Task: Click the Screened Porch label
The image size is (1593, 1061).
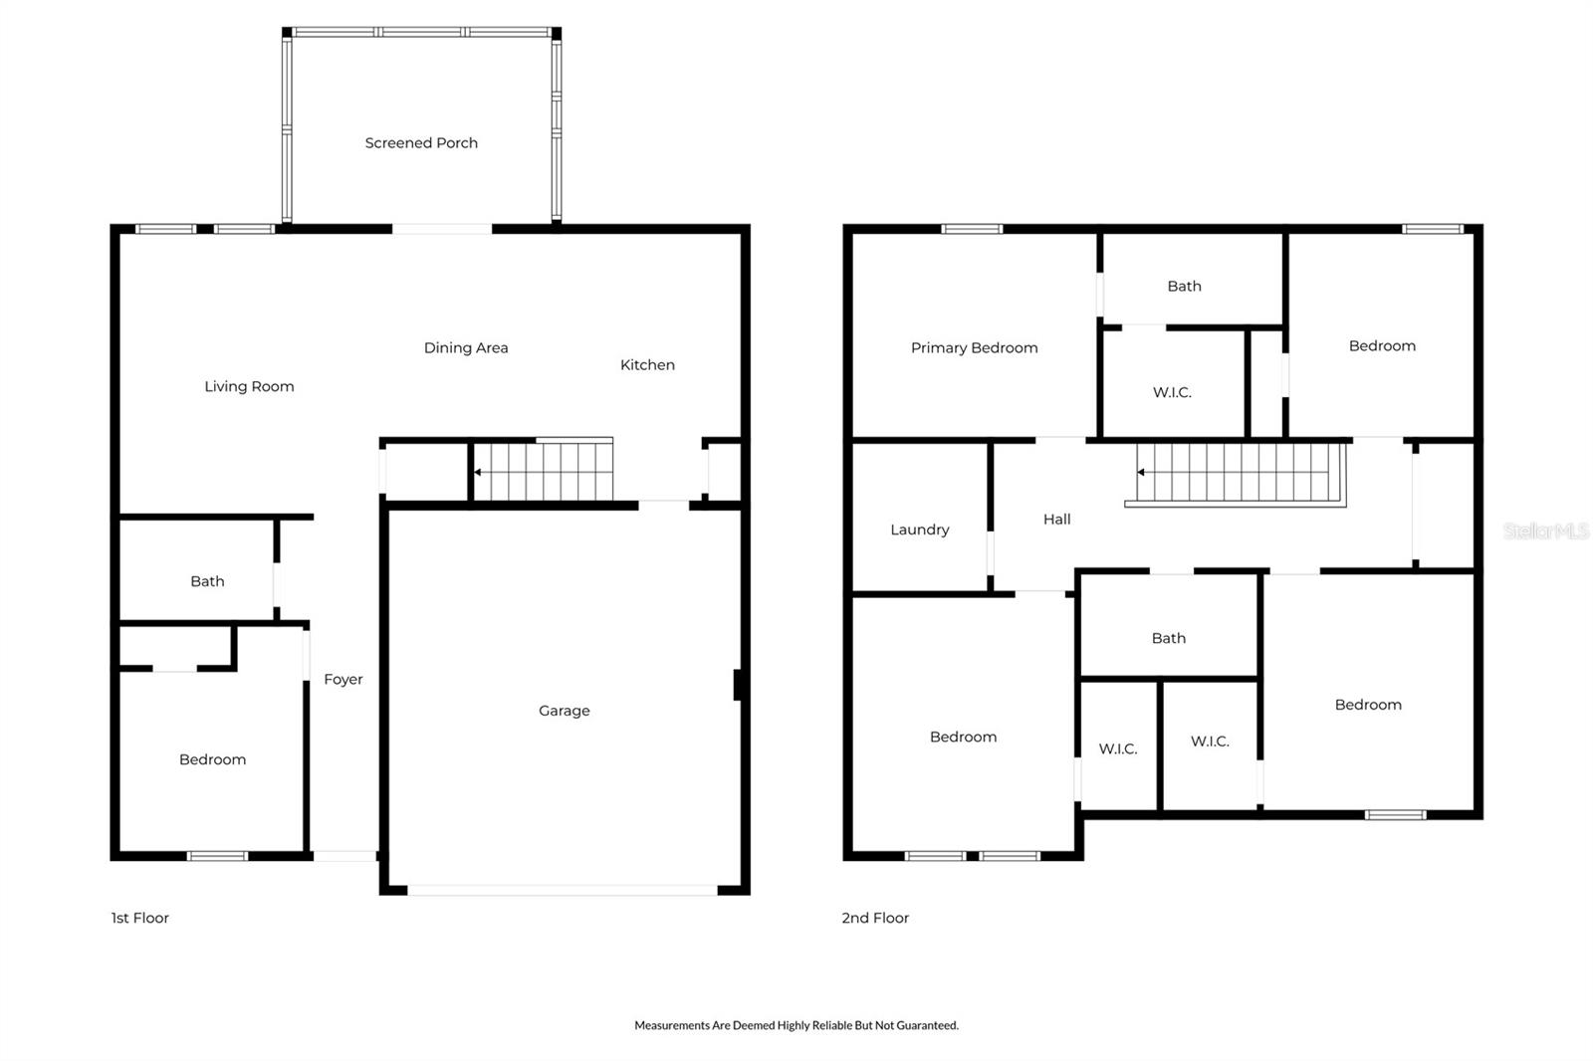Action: [x=421, y=143]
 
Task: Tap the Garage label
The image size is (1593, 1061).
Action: [x=565, y=711]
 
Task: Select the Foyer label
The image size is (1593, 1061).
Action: [x=343, y=680]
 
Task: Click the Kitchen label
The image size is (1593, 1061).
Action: [x=647, y=365]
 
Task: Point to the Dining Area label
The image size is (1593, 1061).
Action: [x=466, y=348]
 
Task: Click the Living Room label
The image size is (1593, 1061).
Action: [x=249, y=387]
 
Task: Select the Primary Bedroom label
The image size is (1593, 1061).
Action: [x=974, y=348]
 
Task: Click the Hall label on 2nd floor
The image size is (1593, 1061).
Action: [x=1056, y=520]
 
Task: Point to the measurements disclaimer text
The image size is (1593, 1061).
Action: [x=796, y=1025]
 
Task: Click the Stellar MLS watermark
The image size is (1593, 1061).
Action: [x=1545, y=531]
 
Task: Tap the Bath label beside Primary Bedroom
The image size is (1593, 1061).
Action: [x=1184, y=287]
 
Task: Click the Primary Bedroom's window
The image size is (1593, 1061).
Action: [x=972, y=230]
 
